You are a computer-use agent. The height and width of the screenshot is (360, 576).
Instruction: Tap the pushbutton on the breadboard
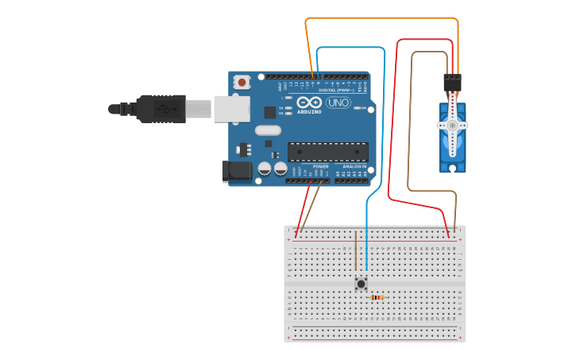pyautogui.click(x=361, y=283)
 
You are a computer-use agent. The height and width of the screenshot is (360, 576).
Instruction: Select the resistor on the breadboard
pyautogui.click(x=377, y=298)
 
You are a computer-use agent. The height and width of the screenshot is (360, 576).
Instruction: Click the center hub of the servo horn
pyautogui.click(x=453, y=125)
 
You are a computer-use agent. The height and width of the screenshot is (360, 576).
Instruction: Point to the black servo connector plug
pyautogui.click(x=452, y=82)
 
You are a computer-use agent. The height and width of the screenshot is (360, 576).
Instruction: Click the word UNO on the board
pyautogui.click(x=338, y=103)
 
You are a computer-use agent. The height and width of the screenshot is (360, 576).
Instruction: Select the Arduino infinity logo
pyautogui.click(x=309, y=102)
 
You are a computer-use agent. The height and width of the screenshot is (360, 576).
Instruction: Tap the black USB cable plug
pyautogui.click(x=160, y=108)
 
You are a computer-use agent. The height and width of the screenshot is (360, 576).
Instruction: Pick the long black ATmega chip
pyautogui.click(x=327, y=151)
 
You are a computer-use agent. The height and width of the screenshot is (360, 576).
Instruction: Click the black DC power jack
pyautogui.click(x=236, y=170)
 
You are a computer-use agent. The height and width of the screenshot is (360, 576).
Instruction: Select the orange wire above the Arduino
pyautogui.click(x=381, y=18)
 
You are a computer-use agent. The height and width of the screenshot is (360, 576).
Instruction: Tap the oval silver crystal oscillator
pyautogui.click(x=269, y=130)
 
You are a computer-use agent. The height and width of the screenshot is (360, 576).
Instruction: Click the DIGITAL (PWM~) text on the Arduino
pyautogui.click(x=336, y=90)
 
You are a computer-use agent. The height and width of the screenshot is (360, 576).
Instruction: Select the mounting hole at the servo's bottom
pyautogui.click(x=453, y=167)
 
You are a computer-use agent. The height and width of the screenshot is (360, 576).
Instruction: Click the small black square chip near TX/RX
pyautogui.click(x=270, y=112)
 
